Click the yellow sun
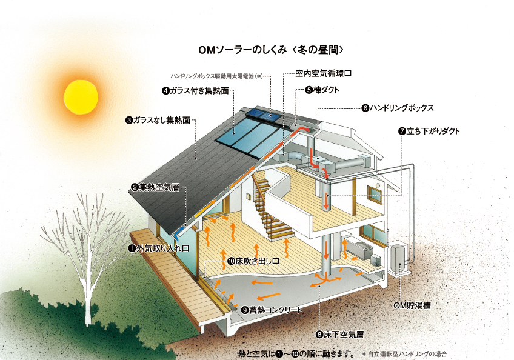81,98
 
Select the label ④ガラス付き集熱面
196,90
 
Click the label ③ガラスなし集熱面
158,121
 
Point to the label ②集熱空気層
155,187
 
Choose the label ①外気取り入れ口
159,248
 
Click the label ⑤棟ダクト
322,90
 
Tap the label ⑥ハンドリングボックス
397,108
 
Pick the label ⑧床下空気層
339,335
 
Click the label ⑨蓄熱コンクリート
272,310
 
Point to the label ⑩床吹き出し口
253,261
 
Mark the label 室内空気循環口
324,73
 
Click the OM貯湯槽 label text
412,305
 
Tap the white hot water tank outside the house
399,258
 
